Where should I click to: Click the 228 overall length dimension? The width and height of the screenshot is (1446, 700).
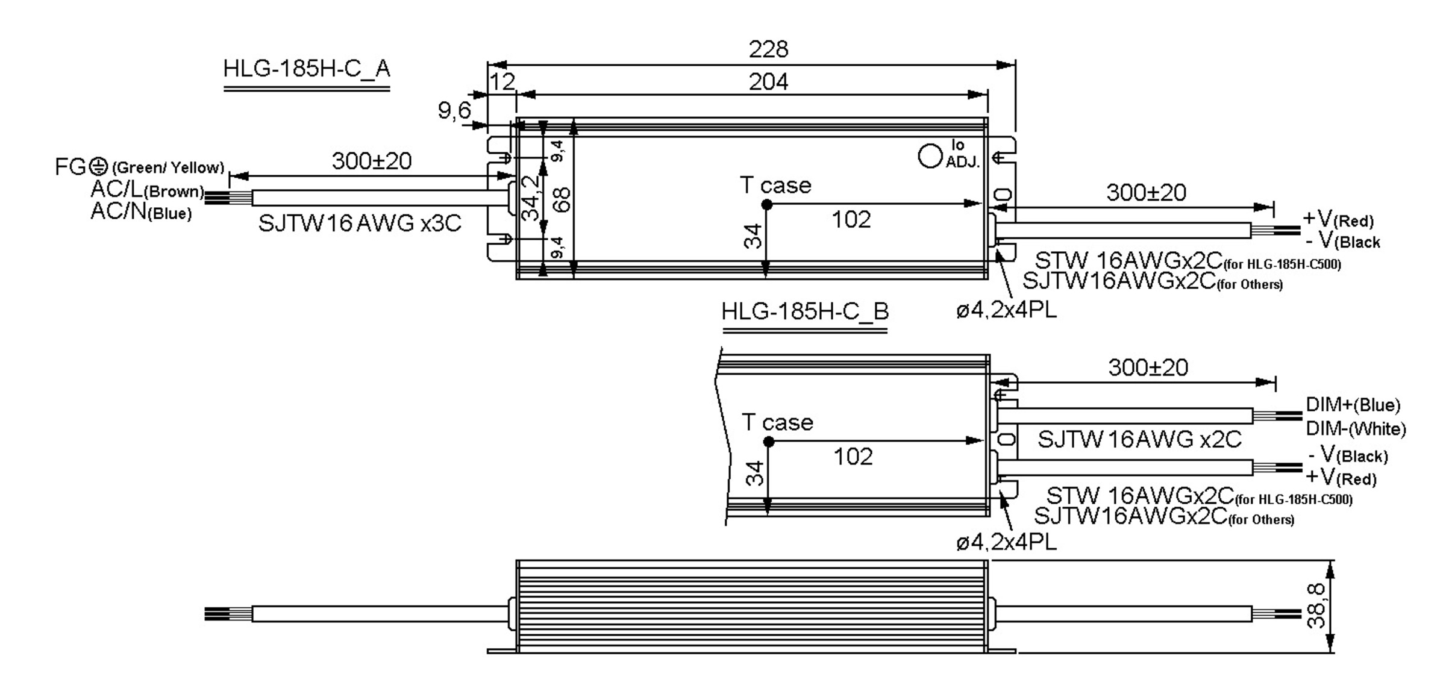tap(768, 49)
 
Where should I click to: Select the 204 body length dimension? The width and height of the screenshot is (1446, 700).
tap(768, 82)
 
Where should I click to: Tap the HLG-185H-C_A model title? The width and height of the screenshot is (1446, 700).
tap(307, 69)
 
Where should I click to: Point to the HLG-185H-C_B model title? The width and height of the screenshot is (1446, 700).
tap(804, 311)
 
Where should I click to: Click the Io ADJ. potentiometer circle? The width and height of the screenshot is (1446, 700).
tap(930, 156)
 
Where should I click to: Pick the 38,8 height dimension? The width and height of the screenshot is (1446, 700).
tap(1316, 606)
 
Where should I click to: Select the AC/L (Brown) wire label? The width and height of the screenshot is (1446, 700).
tap(147, 190)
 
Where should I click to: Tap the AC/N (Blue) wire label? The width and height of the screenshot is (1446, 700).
tap(141, 212)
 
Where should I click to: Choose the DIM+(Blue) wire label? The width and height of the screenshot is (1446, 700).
tap(1353, 405)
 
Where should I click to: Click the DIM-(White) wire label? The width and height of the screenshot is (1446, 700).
tap(1356, 429)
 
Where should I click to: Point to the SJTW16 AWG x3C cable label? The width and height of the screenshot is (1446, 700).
tap(360, 223)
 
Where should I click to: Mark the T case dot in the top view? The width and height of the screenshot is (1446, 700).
tap(766, 205)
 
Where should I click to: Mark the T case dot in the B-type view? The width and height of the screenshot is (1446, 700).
tap(768, 442)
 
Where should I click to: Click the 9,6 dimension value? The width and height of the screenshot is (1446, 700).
tap(454, 111)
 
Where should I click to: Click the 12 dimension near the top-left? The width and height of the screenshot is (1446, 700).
tap(502, 82)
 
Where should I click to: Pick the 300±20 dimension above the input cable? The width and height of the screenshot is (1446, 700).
tap(371, 161)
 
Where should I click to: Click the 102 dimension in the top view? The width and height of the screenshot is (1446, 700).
tap(851, 220)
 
